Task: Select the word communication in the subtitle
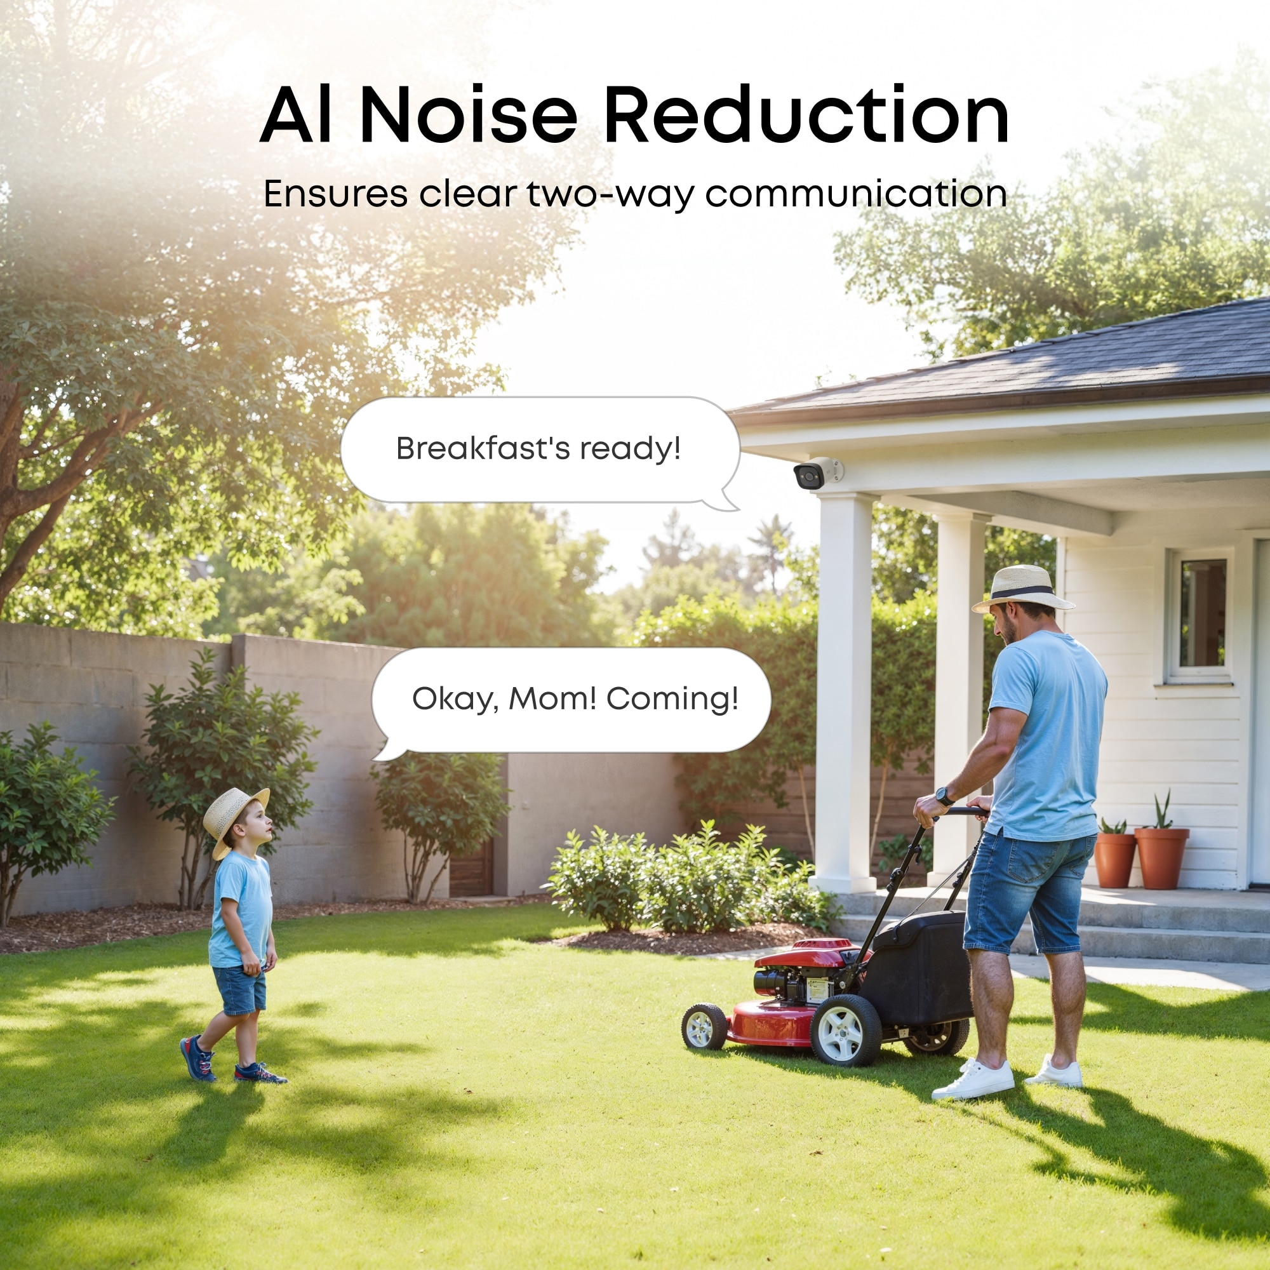tap(856, 194)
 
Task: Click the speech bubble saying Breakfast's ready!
tap(539, 450)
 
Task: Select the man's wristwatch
tap(945, 796)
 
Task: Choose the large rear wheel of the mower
tap(845, 1029)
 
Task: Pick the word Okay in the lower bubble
tap(451, 699)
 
